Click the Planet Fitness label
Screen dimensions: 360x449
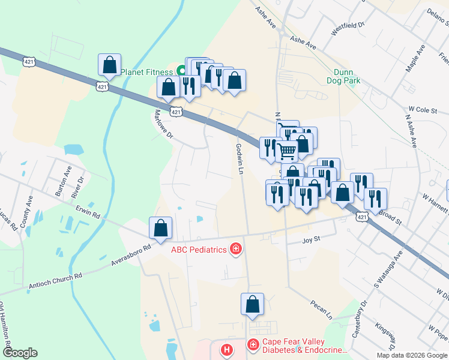pyautogui.click(x=146, y=72)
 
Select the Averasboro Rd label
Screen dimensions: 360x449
pyautogui.click(x=131, y=256)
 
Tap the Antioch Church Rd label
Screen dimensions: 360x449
pyautogui.click(x=55, y=281)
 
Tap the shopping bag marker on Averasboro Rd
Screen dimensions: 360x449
pyautogui.click(x=160, y=229)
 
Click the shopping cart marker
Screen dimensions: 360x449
pyautogui.click(x=287, y=151)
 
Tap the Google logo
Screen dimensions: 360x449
pyautogui.click(x=20, y=353)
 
